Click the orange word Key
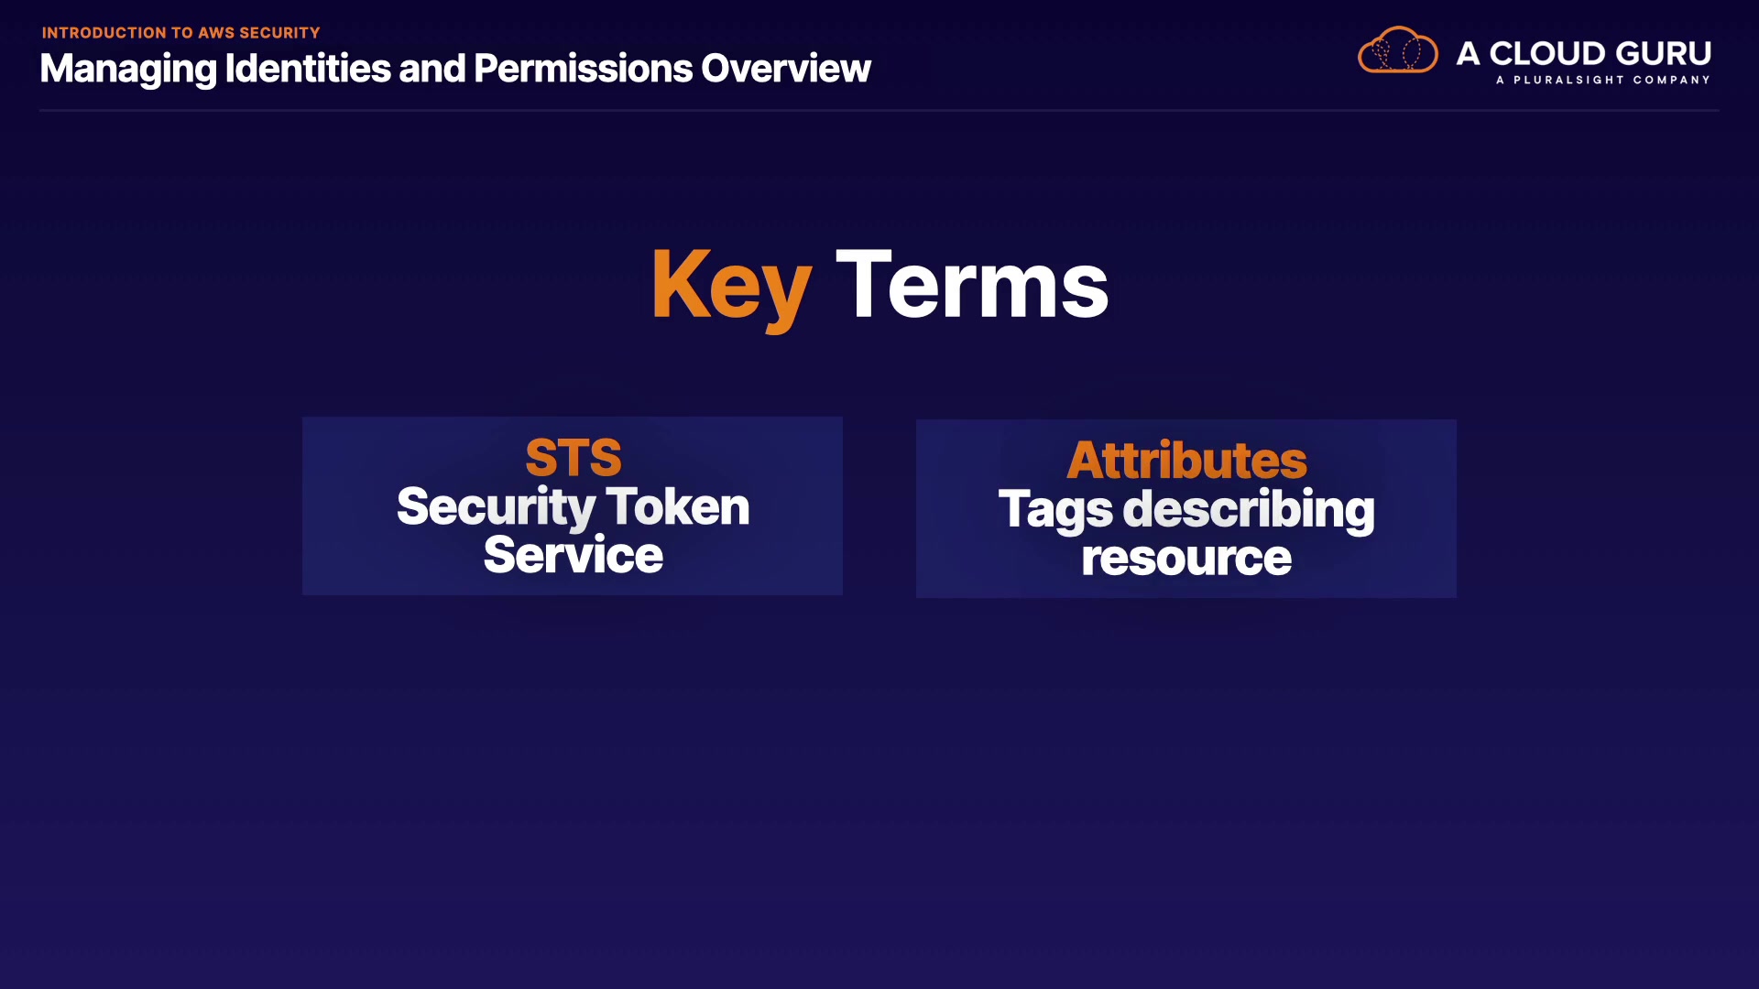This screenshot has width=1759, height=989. [731, 287]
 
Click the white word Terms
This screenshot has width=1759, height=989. [972, 285]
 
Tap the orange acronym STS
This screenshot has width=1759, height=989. [574, 458]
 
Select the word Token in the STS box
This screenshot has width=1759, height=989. [677, 506]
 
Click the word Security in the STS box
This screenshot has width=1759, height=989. [496, 509]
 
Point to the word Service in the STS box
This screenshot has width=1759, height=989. [573, 555]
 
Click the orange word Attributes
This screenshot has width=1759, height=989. [1186, 460]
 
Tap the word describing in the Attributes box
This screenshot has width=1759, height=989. [1249, 511]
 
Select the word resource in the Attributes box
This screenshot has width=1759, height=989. [1186, 559]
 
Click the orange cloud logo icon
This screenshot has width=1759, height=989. [1398, 50]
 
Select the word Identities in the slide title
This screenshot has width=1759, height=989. [309, 68]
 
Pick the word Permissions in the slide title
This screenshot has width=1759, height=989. [583, 68]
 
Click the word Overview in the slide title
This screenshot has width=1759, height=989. [786, 68]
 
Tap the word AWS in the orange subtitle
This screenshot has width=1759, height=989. [216, 33]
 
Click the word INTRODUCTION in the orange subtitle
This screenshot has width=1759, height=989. [104, 33]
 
